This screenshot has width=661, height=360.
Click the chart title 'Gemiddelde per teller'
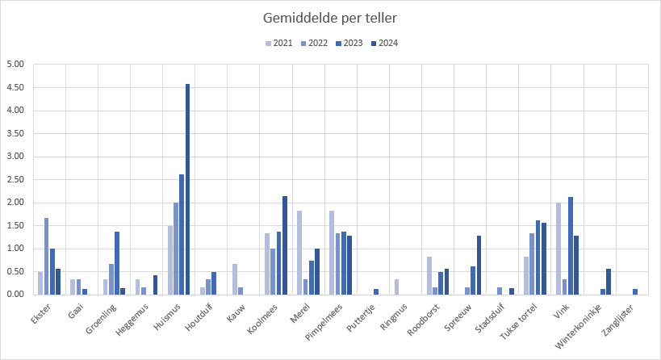(330, 18)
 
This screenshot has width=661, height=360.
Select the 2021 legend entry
(278, 44)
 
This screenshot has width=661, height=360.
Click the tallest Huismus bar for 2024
(188, 190)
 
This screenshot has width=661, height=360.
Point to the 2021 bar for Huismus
(170, 260)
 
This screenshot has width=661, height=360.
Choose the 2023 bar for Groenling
(117, 263)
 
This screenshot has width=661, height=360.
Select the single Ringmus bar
(396, 287)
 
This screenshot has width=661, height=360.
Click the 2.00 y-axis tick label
(15, 203)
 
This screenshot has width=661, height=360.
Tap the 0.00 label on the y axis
(15, 295)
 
